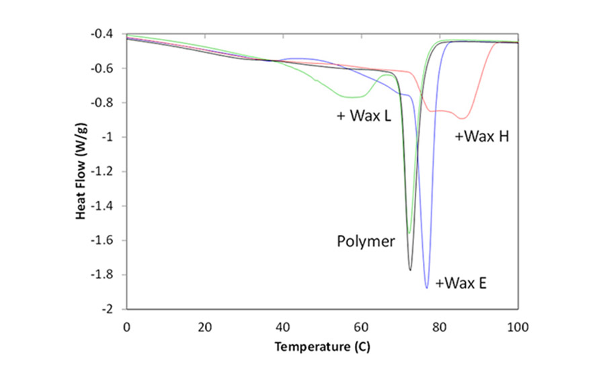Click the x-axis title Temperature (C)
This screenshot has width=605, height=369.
[321, 348]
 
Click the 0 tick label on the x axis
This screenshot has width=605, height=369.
[126, 327]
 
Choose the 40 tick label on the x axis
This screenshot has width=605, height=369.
[283, 327]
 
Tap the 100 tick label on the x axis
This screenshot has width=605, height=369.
[518, 327]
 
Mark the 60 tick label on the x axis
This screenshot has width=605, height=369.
[361, 327]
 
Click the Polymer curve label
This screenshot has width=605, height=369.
[366, 242]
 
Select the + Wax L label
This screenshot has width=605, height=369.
[364, 115]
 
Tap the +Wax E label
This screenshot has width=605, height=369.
[461, 283]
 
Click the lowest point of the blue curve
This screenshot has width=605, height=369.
[426, 288]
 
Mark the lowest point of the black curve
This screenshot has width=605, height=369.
[410, 270]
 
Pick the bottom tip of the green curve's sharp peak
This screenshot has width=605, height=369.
[408, 233]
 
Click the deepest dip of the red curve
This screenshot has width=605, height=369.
[462, 118]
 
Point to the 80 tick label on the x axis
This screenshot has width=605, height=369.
[440, 327]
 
